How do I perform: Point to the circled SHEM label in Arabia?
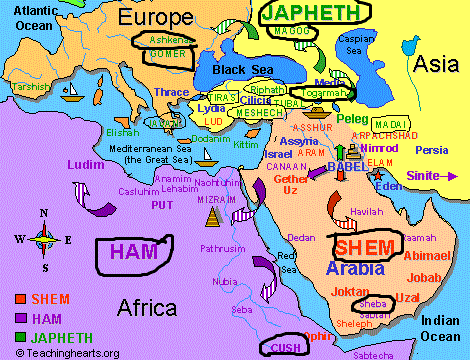click(x=364, y=246)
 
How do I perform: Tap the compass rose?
click(x=42, y=238)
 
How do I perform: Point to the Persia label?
click(x=431, y=150)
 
